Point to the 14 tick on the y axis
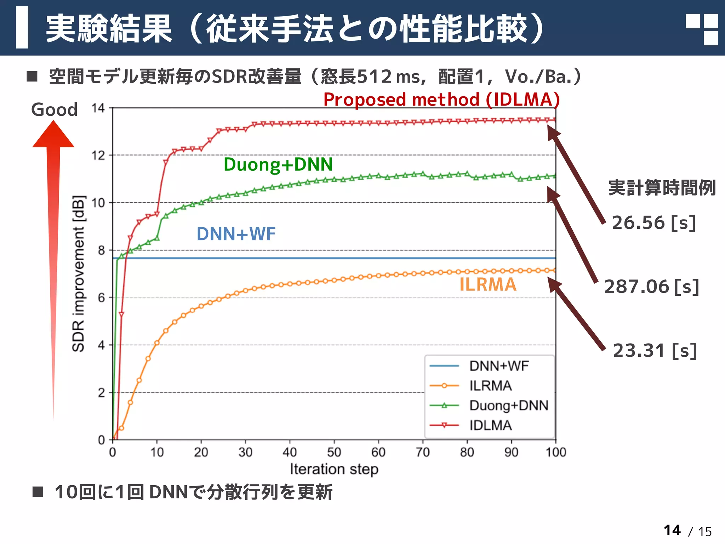98,108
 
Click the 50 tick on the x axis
334,452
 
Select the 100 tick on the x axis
555,452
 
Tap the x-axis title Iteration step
334,469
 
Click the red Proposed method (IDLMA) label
441,100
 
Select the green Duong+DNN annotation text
278,164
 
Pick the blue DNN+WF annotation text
236,234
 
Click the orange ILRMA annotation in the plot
488,285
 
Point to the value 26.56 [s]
654,223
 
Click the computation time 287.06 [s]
651,287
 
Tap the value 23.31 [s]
655,351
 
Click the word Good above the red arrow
54,109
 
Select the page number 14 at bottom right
672,530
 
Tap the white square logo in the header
701,29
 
